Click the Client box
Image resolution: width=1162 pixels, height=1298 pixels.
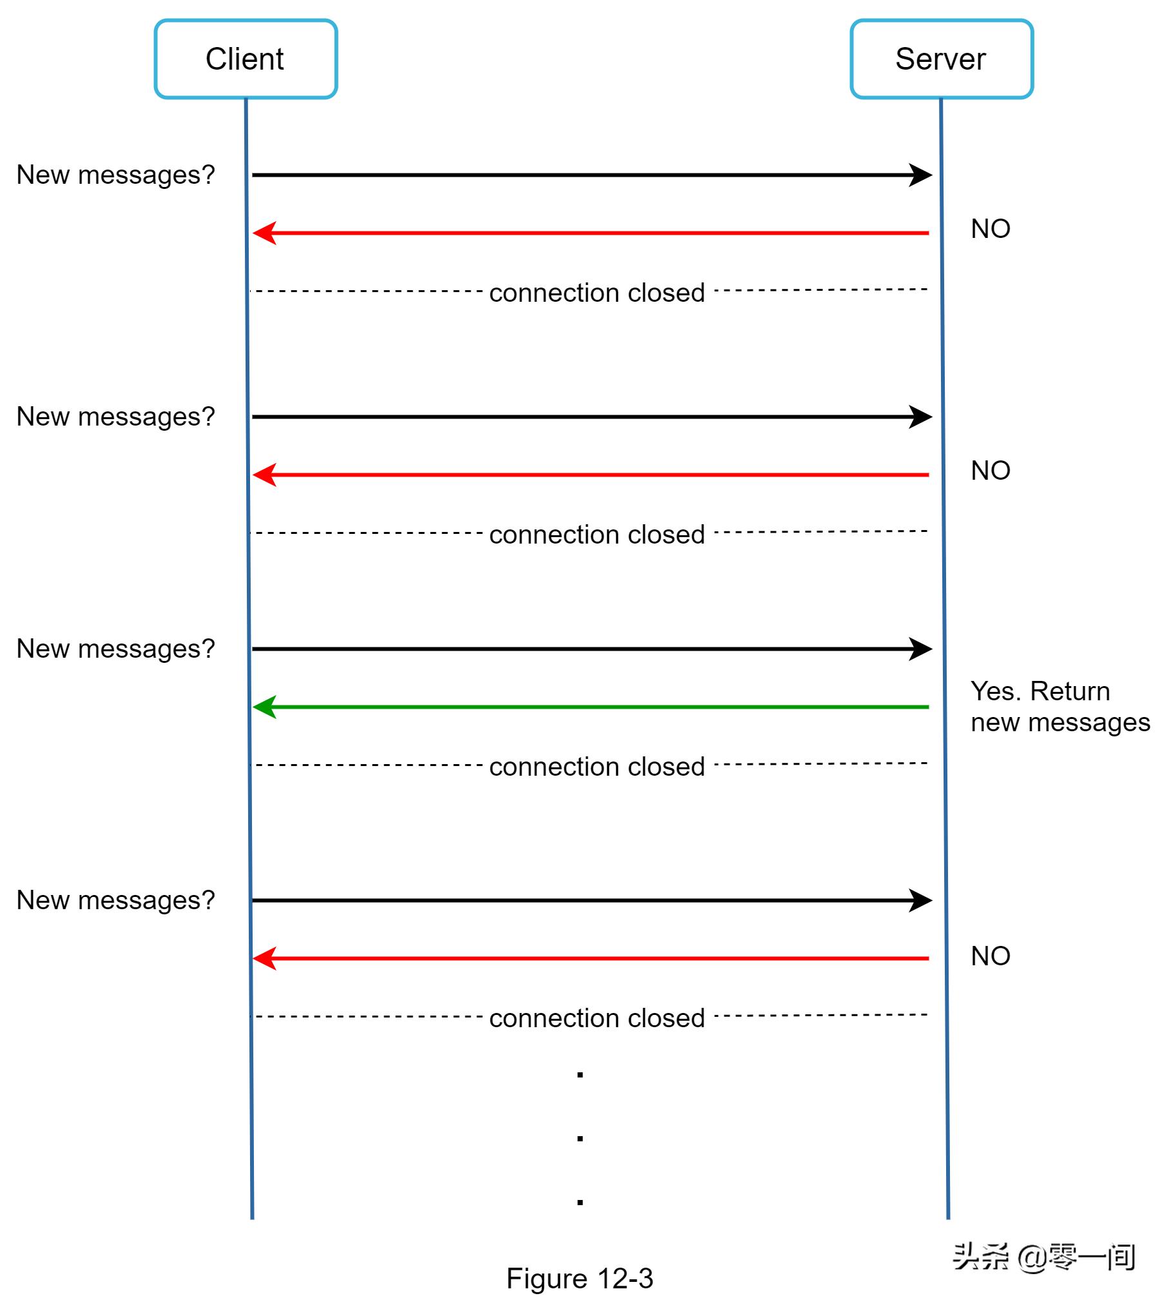[246, 59]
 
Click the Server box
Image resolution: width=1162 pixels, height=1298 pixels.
[941, 59]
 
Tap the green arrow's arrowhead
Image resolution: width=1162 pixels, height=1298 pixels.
[264, 707]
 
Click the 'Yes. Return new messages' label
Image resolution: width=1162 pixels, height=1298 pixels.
[1060, 707]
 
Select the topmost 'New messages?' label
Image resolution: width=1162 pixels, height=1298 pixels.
[115, 175]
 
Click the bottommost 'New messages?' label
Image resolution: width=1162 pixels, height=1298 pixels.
[115, 900]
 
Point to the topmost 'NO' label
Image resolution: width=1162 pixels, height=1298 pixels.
[990, 229]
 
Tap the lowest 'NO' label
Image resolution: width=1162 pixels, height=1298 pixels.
[990, 956]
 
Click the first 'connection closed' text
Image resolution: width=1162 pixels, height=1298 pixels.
[597, 293]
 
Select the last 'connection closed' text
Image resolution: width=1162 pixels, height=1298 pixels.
[597, 1018]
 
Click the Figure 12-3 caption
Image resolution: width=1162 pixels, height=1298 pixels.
[579, 1278]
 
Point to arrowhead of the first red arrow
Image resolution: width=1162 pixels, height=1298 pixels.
[264, 233]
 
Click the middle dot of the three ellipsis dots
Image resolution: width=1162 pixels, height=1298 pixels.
[580, 1139]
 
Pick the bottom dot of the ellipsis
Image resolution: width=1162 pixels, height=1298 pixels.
[580, 1203]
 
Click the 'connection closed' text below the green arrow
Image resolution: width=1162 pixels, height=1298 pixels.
[597, 767]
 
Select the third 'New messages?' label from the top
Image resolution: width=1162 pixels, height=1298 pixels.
[115, 649]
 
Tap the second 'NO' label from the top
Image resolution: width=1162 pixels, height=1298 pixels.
[990, 471]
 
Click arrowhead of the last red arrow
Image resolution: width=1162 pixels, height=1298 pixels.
[264, 958]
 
